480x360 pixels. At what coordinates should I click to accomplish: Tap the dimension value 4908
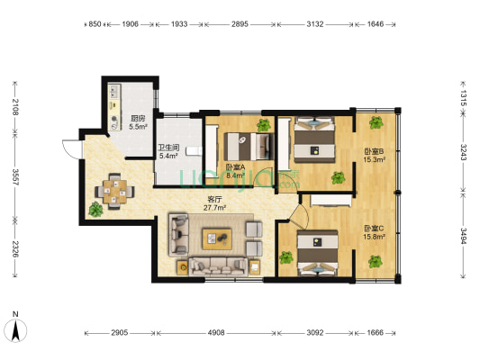coord(216,332)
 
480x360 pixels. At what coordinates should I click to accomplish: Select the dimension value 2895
coord(240,24)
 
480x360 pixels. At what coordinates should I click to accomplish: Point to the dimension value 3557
coord(15,176)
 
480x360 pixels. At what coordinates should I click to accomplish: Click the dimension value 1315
coord(463,98)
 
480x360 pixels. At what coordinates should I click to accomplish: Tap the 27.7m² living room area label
coord(215,208)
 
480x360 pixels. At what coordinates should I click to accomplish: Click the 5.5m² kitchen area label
coord(138,127)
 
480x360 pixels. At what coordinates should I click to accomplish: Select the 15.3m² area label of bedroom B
coord(374,159)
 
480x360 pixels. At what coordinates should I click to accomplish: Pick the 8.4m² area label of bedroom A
coord(235,175)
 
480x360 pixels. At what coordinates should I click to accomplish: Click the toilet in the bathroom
coord(194,151)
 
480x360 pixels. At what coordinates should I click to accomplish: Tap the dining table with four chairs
coord(114,192)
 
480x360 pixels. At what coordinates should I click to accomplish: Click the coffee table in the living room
coord(217,238)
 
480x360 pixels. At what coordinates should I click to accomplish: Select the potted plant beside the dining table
coord(95,210)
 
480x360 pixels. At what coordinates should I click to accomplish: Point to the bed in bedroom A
coord(249,146)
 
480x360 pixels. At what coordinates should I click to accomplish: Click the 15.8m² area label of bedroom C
coord(374,237)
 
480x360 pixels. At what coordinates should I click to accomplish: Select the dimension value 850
coord(95,24)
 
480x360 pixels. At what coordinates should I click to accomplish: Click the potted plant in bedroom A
coord(264,125)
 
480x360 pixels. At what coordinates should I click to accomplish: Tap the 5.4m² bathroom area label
coord(168,156)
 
